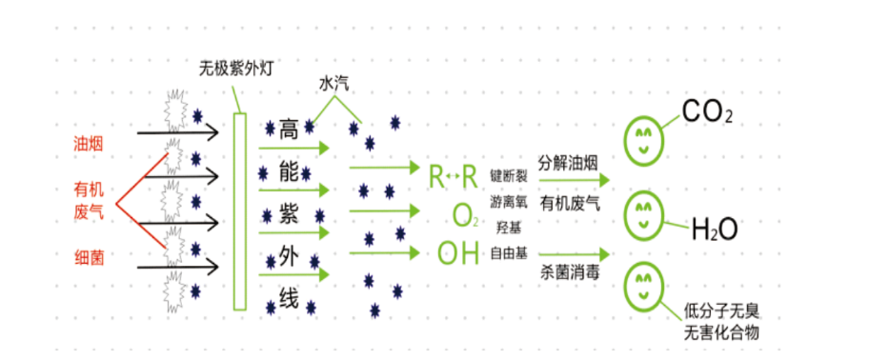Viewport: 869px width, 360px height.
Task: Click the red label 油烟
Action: [89, 144]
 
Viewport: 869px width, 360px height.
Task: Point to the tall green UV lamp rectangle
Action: [239, 210]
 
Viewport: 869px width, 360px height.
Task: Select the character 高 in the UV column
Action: [289, 128]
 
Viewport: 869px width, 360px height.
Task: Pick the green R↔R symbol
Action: [453, 176]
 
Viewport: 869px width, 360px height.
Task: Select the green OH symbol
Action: [458, 253]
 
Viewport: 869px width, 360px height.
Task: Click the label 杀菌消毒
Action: [570, 270]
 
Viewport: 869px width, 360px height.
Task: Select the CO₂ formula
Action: [708, 114]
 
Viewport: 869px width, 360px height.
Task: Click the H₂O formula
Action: [714, 230]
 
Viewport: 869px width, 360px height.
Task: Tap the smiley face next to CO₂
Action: [644, 139]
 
